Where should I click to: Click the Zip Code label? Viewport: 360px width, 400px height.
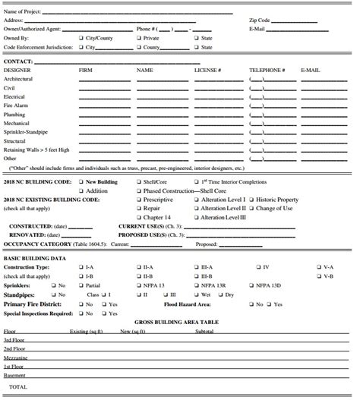260,20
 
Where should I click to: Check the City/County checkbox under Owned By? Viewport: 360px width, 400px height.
81,37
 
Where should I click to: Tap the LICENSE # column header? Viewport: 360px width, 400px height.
207,70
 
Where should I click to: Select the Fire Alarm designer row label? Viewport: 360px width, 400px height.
16,106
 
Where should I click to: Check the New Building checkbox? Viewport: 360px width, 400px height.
81,182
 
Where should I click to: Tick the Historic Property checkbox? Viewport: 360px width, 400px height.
251,200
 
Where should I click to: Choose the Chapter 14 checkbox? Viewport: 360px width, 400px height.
138,217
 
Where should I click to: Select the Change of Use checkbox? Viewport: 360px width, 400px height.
251,208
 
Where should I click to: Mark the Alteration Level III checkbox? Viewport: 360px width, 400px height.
196,217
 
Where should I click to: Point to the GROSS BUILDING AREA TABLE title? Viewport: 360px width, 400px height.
176,322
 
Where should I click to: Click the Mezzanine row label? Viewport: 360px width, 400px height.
17,357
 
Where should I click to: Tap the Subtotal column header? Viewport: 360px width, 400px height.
204,332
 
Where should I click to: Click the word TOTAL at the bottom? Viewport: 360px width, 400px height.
18,386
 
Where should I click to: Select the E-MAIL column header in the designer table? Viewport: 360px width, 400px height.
310,70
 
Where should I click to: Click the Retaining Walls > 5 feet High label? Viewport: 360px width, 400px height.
36,150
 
